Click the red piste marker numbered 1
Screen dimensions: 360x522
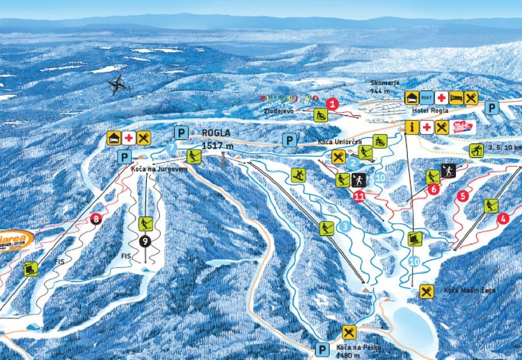click(x=332, y=104)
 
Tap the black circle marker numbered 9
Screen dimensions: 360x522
click(x=146, y=242)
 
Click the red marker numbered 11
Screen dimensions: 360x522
click(x=359, y=195)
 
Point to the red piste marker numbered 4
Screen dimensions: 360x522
click(x=503, y=219)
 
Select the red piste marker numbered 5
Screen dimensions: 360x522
click(x=463, y=196)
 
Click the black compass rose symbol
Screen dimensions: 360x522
click(x=118, y=85)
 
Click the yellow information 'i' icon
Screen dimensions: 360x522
click(x=412, y=127)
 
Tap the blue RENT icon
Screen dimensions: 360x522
click(x=427, y=98)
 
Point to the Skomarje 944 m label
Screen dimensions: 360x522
click(x=385, y=86)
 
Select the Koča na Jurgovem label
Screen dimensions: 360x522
click(x=151, y=169)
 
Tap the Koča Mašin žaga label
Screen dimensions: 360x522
click(x=463, y=290)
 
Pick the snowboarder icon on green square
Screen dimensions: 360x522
click(x=299, y=176)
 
